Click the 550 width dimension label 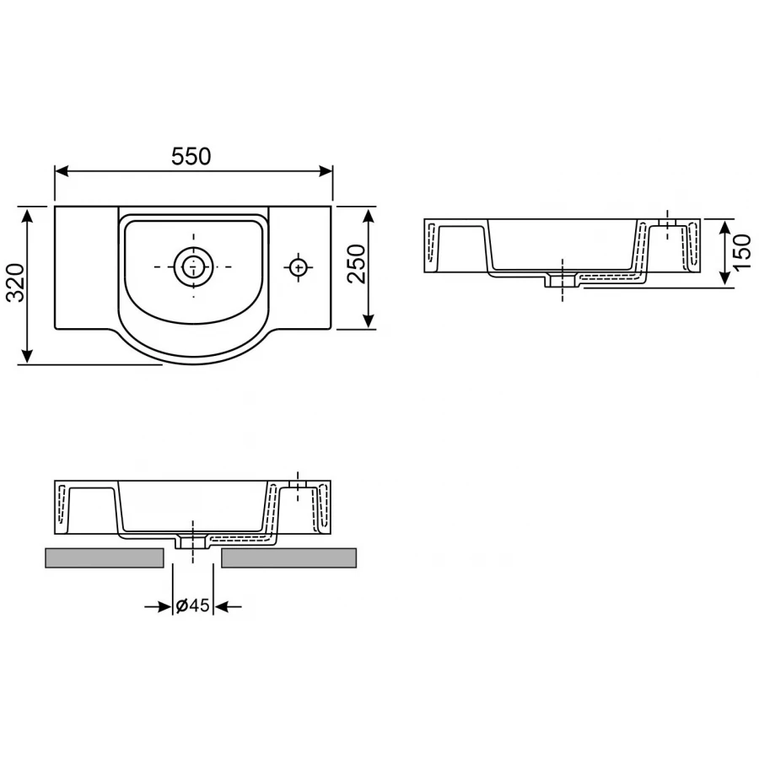[x=191, y=156]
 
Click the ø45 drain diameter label [x=192, y=606]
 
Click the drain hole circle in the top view [x=193, y=266]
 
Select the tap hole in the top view [x=298, y=267]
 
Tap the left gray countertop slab [x=104, y=558]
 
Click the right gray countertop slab [x=288, y=558]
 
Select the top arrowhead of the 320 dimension [x=29, y=213]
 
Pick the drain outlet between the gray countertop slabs [x=193, y=542]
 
